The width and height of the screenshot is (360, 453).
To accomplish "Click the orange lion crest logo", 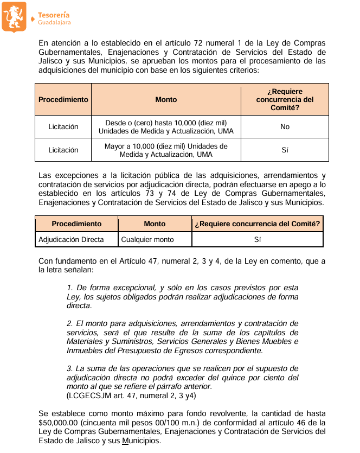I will coord(14,16).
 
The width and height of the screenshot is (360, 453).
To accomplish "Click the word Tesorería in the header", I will coord(54,15).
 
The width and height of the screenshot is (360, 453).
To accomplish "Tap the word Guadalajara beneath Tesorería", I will coord(54,23).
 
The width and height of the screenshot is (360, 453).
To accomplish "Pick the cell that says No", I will coord(285,127).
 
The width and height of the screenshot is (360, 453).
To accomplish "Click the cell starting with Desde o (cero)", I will coord(166,127).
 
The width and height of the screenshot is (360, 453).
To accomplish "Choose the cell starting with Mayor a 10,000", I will coord(166,150).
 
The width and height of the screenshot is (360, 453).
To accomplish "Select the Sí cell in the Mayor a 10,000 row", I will coord(285,150).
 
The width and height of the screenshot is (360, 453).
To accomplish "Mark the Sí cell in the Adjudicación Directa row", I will coord(258,239).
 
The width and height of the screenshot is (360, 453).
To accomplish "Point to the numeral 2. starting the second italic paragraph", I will coord(70,323).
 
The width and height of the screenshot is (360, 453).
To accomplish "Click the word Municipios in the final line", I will coord(141,441).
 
